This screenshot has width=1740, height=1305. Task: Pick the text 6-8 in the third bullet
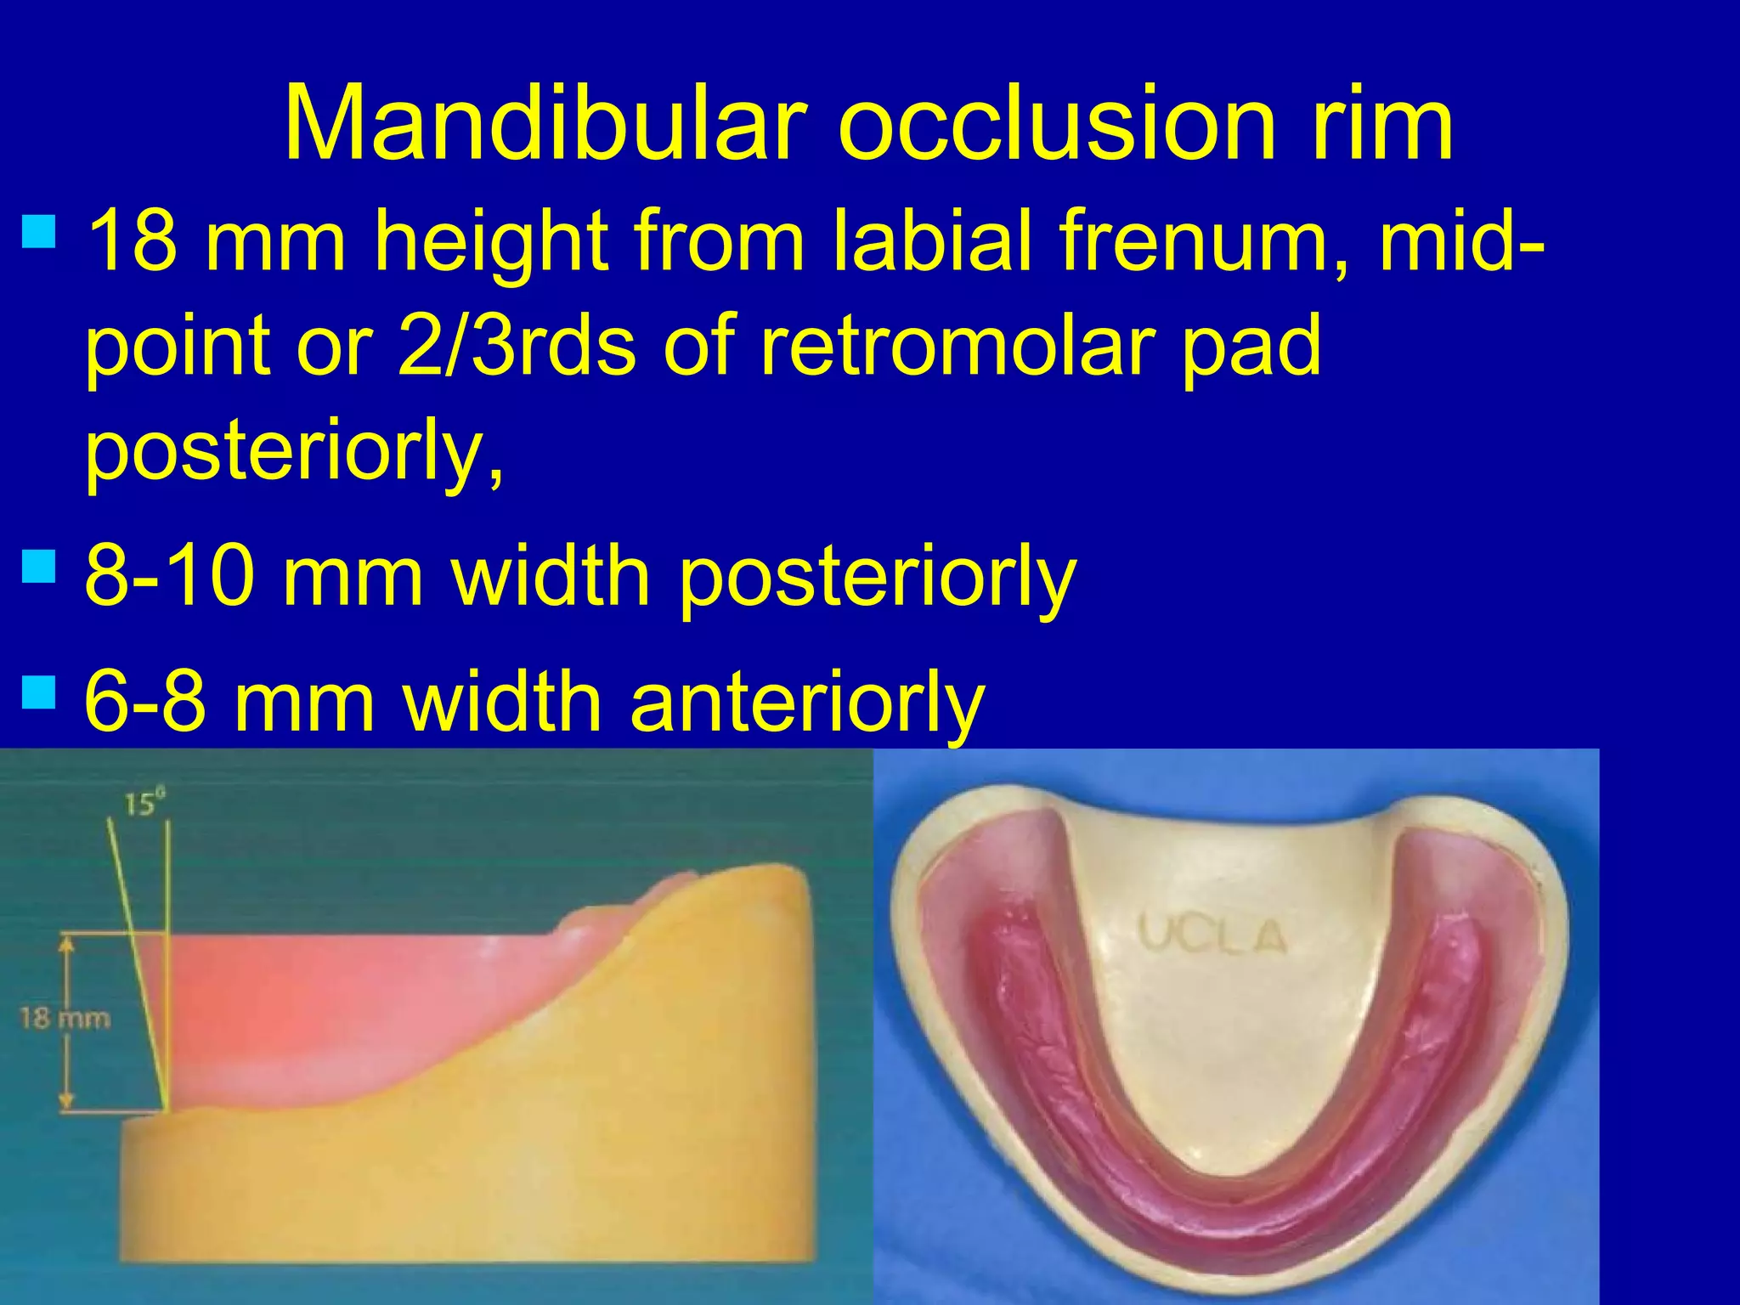click(x=145, y=702)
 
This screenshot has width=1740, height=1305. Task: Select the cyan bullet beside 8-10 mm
click(x=39, y=565)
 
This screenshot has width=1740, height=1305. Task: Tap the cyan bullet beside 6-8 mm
click(x=39, y=692)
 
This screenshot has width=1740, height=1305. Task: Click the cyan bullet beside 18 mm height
click(x=39, y=229)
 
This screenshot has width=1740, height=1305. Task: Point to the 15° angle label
click(x=144, y=802)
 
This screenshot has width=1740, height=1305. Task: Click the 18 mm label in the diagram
click(x=65, y=1018)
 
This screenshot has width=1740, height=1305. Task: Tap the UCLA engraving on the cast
click(x=1212, y=935)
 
